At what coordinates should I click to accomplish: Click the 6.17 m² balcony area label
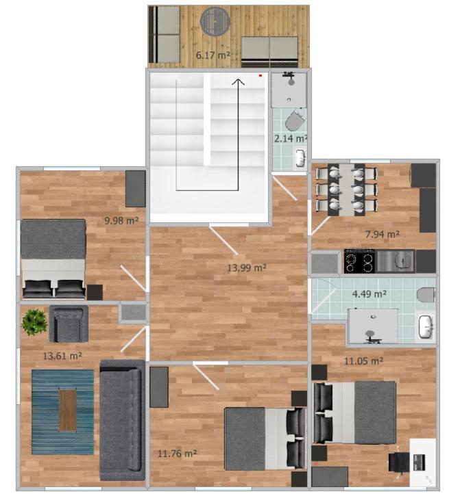coord(213,55)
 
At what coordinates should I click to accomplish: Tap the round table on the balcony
coord(215,21)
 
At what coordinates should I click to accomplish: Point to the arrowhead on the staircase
coord(239,81)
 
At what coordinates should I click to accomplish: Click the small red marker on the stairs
coord(260,76)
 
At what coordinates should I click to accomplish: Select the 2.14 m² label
coord(290,138)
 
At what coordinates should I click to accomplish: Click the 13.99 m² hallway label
coord(247,268)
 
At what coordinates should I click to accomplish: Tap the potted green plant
coord(34,322)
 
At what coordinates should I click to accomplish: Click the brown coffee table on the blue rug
coord(68,410)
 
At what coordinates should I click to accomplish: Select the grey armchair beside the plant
coord(69,324)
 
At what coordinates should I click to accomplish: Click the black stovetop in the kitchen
coord(359,261)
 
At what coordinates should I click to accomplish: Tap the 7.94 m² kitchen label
coord(382,235)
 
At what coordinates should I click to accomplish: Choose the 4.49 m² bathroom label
coord(369,294)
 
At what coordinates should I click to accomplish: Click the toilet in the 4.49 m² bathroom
coord(426,295)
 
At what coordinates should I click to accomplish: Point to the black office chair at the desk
coord(399,462)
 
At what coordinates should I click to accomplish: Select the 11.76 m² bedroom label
coord(177,454)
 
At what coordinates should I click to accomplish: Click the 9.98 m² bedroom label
coord(122,220)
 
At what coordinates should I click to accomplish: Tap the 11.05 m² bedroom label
coord(363,361)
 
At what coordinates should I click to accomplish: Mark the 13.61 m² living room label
coord(62,356)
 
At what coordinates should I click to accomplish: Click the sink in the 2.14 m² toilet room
coord(300,157)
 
